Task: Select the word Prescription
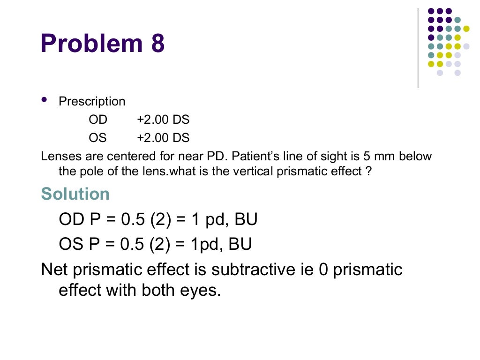[x=92, y=102]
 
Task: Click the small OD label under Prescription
[x=98, y=120]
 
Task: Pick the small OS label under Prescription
[x=97, y=138]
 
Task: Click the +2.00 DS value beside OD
[x=163, y=120]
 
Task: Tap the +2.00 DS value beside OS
[x=163, y=138]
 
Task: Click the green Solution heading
[x=75, y=194]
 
